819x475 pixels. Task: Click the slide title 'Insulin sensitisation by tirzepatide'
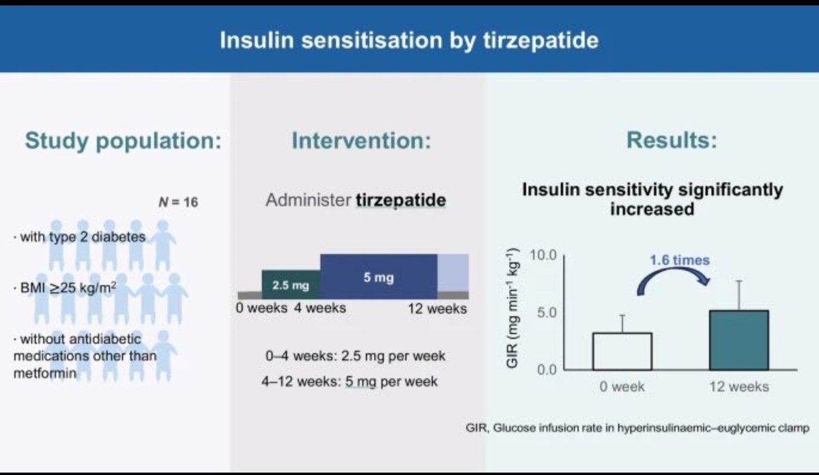409,40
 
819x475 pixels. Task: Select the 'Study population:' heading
124,141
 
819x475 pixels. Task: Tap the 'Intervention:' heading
361,141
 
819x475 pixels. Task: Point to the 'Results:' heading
672,141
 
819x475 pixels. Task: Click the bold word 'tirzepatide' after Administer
401,201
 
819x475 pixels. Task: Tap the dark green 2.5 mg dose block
291,284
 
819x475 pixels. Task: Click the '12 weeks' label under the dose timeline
437,308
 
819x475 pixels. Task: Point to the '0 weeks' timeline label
262,308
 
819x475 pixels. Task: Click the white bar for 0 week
622,351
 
